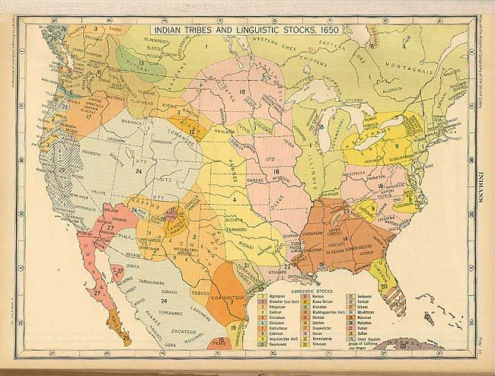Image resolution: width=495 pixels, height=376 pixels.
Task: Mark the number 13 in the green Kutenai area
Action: [142, 63]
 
